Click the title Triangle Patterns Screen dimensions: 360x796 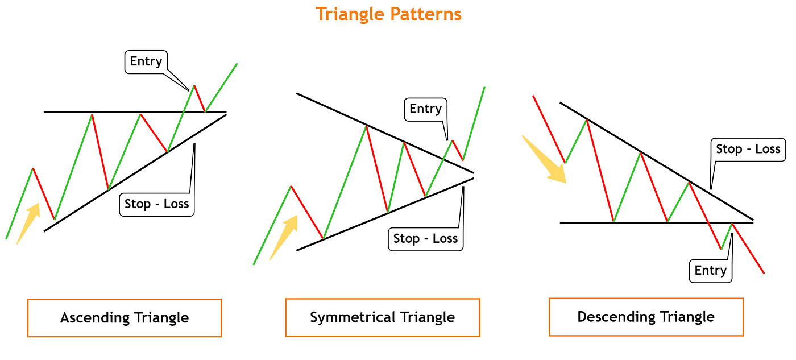pyautogui.click(x=388, y=14)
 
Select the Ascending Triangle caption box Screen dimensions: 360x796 pyautogui.click(x=124, y=317)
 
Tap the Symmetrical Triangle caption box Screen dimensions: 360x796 pyautogui.click(x=382, y=317)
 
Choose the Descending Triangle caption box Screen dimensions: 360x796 pyautogui.click(x=646, y=316)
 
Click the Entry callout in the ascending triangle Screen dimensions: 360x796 pyautogui.click(x=146, y=61)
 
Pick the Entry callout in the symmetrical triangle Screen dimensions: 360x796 pyautogui.click(x=425, y=109)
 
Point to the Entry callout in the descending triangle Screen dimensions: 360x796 pyautogui.click(x=710, y=271)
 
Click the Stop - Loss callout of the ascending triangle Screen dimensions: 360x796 pyautogui.click(x=156, y=204)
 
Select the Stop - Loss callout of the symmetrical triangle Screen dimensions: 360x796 pyautogui.click(x=425, y=239)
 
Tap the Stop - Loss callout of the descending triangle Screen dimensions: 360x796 pyautogui.click(x=748, y=149)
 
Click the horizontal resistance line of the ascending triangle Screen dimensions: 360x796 pyautogui.click(x=68, y=113)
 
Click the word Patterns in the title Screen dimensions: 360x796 pyautogui.click(x=425, y=14)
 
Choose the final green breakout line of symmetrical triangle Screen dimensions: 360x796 pyautogui.click(x=474, y=122)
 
